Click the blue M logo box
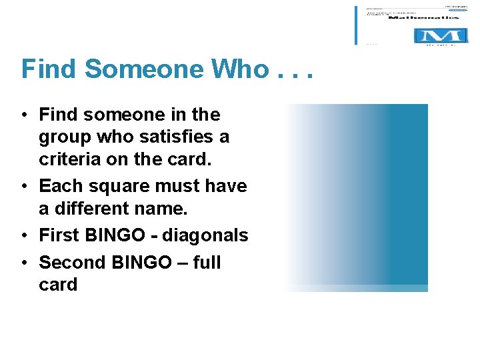tap(437, 35)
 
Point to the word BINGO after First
tap(116, 235)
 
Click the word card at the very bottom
tap(58, 285)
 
